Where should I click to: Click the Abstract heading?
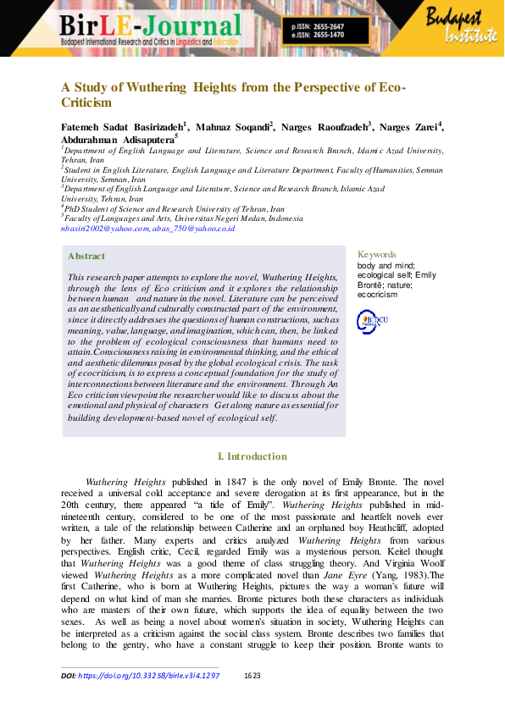pos(86,256)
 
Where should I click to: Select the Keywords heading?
pos(376,254)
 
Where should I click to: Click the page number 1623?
pos(252,676)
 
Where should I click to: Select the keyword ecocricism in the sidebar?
pos(376,295)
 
